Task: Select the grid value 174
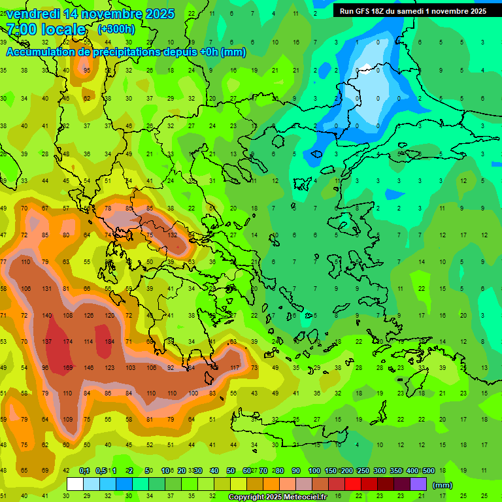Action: coord(67,341)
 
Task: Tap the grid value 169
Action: coord(67,368)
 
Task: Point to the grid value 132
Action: coord(173,235)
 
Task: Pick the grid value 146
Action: coord(88,368)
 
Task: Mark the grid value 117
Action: coord(234,368)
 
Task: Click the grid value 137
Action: coord(46,341)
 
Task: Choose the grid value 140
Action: coord(46,315)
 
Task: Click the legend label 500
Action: coord(429,471)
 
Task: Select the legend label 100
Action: coord(314,471)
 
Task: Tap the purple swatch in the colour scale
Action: coord(418,484)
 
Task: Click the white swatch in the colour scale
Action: coord(75,484)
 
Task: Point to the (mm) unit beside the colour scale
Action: coord(443,485)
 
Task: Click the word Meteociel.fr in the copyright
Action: coord(303,497)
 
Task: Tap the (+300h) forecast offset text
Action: coord(116,29)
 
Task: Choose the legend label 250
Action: coord(363,471)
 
